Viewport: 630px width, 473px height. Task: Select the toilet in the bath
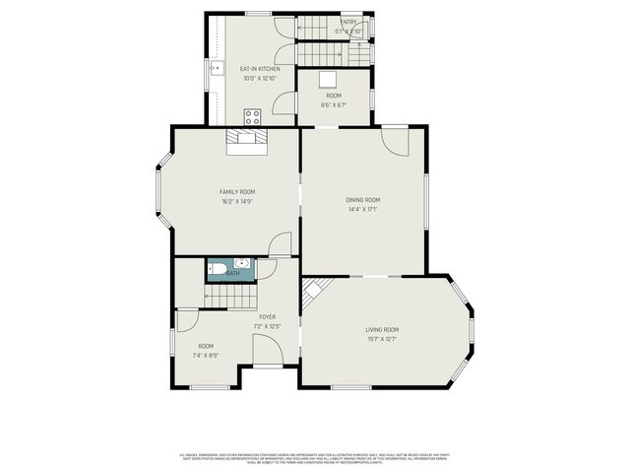tap(219, 266)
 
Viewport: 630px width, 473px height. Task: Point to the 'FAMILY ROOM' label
tap(236, 191)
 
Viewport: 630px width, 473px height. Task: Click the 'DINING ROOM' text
tap(363, 200)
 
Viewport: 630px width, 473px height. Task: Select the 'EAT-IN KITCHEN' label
tap(260, 69)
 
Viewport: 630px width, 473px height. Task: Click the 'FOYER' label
tap(267, 316)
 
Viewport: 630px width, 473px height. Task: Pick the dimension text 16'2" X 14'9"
tap(236, 201)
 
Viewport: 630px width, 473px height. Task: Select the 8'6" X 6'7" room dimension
tap(334, 104)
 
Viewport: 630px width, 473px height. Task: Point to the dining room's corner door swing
tap(396, 140)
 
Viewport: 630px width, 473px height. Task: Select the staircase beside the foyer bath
tap(228, 295)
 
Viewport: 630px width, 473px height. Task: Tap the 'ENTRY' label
tap(348, 22)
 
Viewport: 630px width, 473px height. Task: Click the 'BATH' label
tap(232, 273)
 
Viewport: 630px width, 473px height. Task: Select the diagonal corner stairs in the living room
tap(312, 292)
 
